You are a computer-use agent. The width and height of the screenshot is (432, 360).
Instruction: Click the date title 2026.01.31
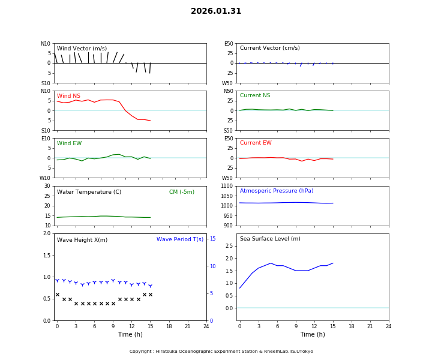tap(216, 11)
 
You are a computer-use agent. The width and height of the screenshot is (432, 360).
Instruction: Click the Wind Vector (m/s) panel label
tap(82, 49)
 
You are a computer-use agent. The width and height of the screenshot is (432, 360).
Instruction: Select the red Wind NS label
tap(68, 96)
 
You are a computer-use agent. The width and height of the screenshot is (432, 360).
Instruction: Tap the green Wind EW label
tap(69, 143)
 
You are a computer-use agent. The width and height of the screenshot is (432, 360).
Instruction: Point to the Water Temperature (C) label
tap(89, 192)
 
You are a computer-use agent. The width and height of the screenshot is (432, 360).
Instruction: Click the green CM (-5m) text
tap(181, 192)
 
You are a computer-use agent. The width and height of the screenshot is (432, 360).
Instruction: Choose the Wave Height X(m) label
tap(82, 240)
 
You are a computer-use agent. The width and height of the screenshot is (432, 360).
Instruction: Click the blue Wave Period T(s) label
tap(180, 239)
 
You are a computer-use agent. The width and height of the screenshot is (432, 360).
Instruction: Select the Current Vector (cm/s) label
tap(269, 48)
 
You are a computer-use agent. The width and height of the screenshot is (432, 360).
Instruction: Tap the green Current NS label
tap(255, 95)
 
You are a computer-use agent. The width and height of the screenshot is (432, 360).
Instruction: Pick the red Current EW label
tap(256, 143)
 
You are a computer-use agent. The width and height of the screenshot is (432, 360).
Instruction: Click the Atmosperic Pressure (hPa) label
tap(277, 191)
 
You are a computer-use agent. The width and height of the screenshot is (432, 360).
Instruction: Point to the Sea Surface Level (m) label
tap(270, 239)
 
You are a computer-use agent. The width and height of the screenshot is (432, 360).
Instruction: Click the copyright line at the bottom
tap(221, 352)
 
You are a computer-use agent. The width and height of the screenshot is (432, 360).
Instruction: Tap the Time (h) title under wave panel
tap(130, 334)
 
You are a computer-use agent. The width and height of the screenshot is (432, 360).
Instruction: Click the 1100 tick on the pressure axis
tap(226, 186)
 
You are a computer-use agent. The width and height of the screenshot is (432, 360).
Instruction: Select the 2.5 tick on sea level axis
tap(229, 246)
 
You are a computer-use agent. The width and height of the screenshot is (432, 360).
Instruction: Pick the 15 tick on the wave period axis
tap(212, 239)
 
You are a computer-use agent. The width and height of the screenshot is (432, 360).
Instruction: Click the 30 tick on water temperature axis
tap(47, 186)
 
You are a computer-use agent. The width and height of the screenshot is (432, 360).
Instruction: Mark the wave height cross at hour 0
tap(58, 295)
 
